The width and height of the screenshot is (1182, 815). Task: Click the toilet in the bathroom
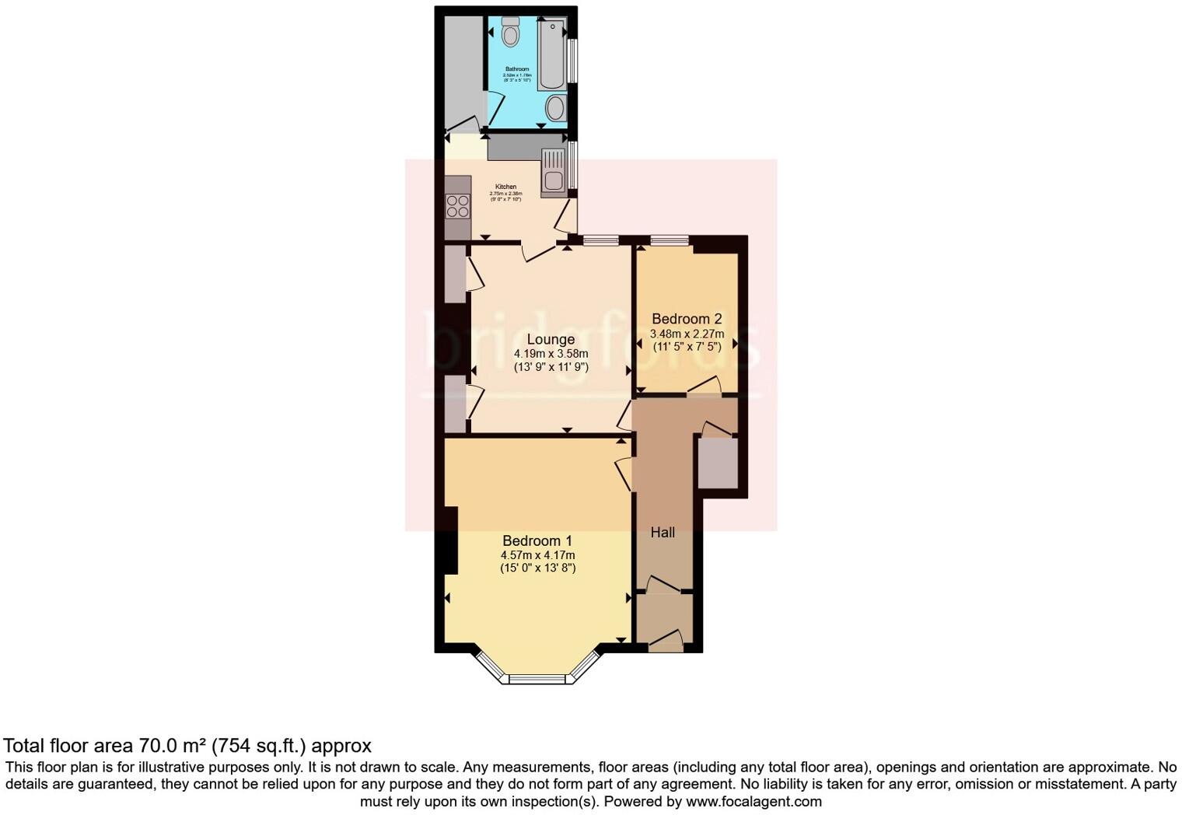pyautogui.click(x=510, y=32)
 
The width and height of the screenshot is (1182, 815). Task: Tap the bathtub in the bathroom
pyautogui.click(x=551, y=54)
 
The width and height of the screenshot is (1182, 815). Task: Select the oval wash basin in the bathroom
pyautogui.click(x=555, y=108)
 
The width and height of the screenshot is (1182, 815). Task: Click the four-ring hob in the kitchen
pyautogui.click(x=457, y=206)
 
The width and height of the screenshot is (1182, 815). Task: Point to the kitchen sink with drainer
pyautogui.click(x=554, y=171)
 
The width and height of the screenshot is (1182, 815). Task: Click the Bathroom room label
pyautogui.click(x=517, y=69)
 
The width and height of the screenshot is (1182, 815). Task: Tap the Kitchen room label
pyautogui.click(x=505, y=187)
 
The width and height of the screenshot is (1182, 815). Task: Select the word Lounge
pyautogui.click(x=551, y=339)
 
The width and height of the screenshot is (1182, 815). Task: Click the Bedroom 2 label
pyautogui.click(x=687, y=319)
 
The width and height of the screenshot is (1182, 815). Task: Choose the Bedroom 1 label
pyautogui.click(x=537, y=541)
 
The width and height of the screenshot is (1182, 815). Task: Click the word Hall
pyautogui.click(x=663, y=533)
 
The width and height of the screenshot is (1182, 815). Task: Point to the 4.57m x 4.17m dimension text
pyautogui.click(x=537, y=555)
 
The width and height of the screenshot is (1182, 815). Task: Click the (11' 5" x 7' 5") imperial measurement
pyautogui.click(x=687, y=347)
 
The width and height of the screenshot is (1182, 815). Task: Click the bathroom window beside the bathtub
pyautogui.click(x=572, y=60)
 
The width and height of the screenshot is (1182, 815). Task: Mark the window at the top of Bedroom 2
pyautogui.click(x=670, y=240)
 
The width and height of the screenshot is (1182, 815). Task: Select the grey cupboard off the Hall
pyautogui.click(x=717, y=463)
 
